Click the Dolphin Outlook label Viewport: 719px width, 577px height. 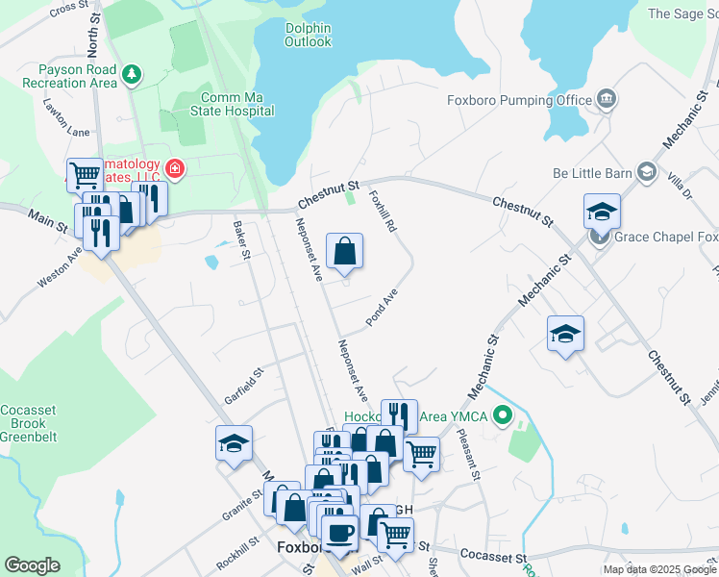pyautogui.click(x=308, y=36)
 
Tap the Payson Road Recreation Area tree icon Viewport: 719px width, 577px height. pyautogui.click(x=133, y=73)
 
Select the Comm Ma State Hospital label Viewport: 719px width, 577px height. pyautogui.click(x=237, y=104)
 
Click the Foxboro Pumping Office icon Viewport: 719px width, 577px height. pyautogui.click(x=607, y=98)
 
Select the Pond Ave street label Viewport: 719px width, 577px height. pyautogui.click(x=382, y=307)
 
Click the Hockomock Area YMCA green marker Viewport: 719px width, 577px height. pyautogui.click(x=500, y=417)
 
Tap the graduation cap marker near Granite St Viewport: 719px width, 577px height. pyautogui.click(x=234, y=443)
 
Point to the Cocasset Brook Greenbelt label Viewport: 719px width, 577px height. pyautogui.click(x=28, y=423)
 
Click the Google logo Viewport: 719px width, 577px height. pyautogui.click(x=32, y=565)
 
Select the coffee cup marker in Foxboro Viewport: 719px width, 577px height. pyautogui.click(x=339, y=532)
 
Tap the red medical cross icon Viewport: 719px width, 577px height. pyautogui.click(x=174, y=170)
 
